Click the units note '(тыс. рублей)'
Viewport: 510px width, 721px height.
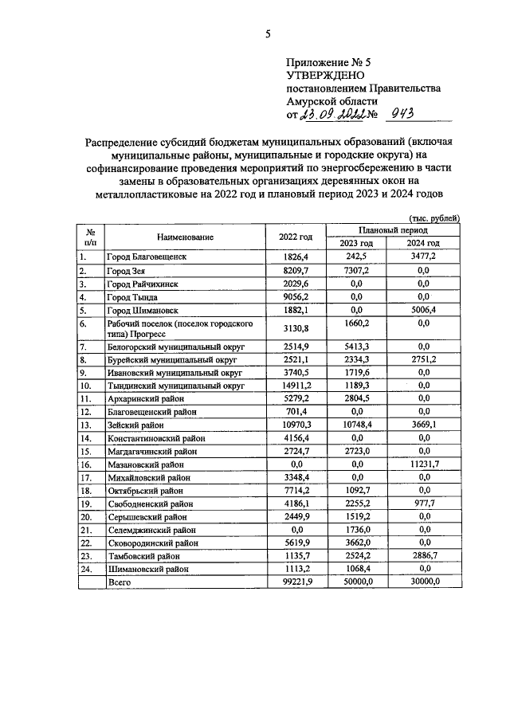click(x=433, y=217)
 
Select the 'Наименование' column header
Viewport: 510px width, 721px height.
click(x=186, y=237)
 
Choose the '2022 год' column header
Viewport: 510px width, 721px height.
click(x=296, y=237)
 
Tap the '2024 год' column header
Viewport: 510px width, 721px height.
click(x=423, y=243)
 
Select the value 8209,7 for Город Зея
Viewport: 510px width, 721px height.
click(x=296, y=271)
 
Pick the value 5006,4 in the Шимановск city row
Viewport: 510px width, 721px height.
click(x=423, y=310)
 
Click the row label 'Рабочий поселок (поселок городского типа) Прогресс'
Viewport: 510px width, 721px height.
click(x=180, y=329)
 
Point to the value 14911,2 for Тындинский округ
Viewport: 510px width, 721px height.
click(x=296, y=386)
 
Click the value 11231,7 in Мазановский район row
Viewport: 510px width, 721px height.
click(x=423, y=464)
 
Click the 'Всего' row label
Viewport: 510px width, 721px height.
click(x=120, y=582)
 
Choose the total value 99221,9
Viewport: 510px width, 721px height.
click(x=296, y=582)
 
